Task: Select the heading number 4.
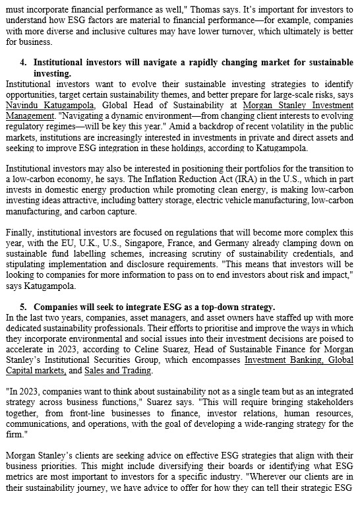(x=24, y=62)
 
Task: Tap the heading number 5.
(x=24, y=307)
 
